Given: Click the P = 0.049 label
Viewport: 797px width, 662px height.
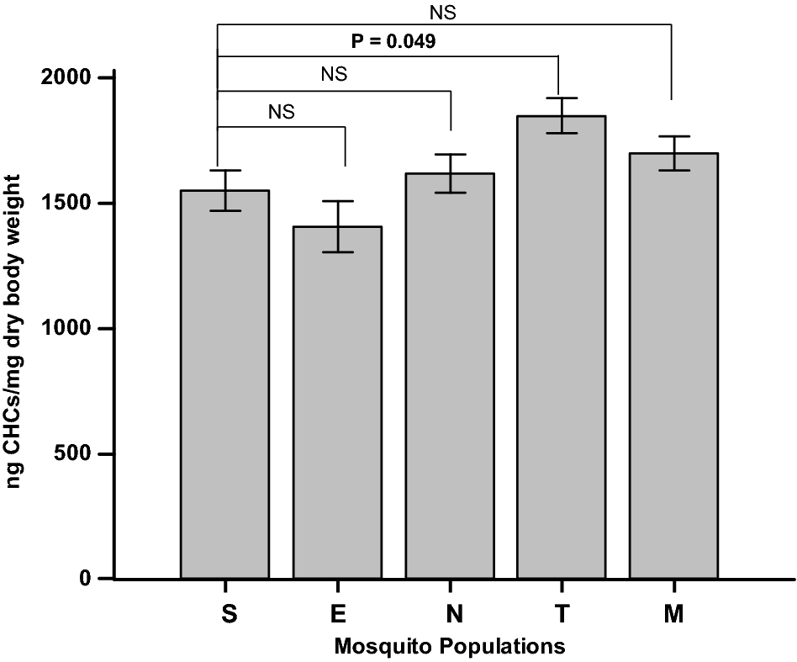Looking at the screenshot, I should tap(393, 41).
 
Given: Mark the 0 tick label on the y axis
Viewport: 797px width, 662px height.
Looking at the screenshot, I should tap(85, 580).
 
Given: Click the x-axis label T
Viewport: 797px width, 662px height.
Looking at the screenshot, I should tap(561, 615).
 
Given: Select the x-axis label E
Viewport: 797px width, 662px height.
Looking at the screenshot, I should tap(337, 615).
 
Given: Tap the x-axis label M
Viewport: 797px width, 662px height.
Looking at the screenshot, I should tap(673, 615).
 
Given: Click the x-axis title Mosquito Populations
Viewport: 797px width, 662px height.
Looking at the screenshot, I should tap(448, 647).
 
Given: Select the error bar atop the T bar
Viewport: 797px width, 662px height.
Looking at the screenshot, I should tap(561, 115).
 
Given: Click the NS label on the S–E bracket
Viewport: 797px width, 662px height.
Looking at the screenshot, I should tap(282, 111).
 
